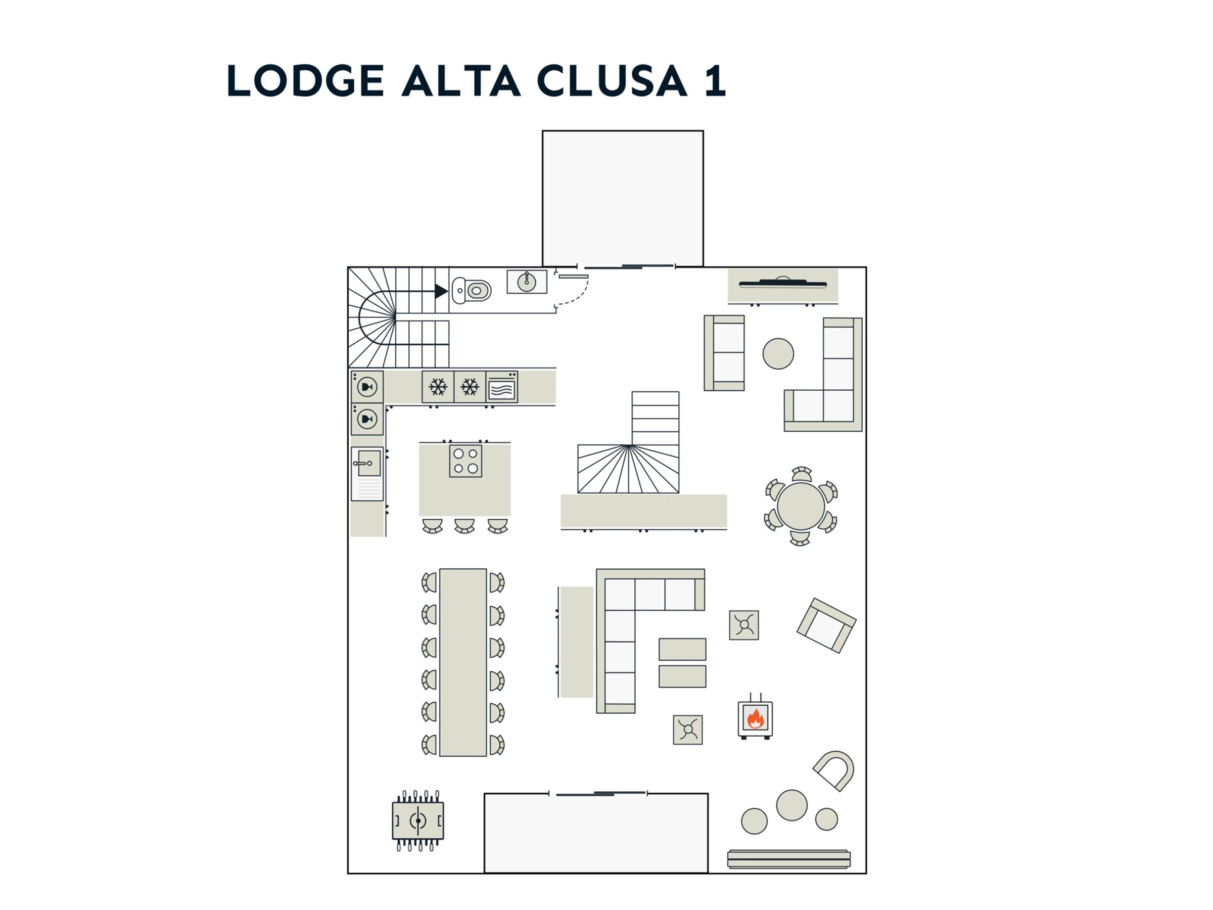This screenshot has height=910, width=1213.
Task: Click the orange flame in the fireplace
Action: coord(755,718)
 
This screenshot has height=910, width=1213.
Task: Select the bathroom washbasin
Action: coord(527,282)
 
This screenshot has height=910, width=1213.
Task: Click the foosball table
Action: coord(418,821)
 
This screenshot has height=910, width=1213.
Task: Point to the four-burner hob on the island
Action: coord(465,461)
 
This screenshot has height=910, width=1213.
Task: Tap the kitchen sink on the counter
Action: coord(367,464)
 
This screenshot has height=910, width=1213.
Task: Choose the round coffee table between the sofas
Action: coord(778,354)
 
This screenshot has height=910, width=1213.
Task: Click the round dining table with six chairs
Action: coord(801,506)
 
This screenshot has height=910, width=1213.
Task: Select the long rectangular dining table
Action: coord(463,663)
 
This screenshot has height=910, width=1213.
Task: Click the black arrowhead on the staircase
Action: coord(441,291)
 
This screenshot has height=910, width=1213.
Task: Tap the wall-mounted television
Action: coord(782,284)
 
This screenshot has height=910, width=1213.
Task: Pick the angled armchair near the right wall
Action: coord(826,625)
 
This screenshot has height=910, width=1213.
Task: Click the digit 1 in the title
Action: coord(715,80)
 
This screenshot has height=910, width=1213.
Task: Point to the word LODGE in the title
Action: coord(305,80)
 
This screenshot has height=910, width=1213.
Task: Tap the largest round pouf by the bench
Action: coord(791,805)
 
